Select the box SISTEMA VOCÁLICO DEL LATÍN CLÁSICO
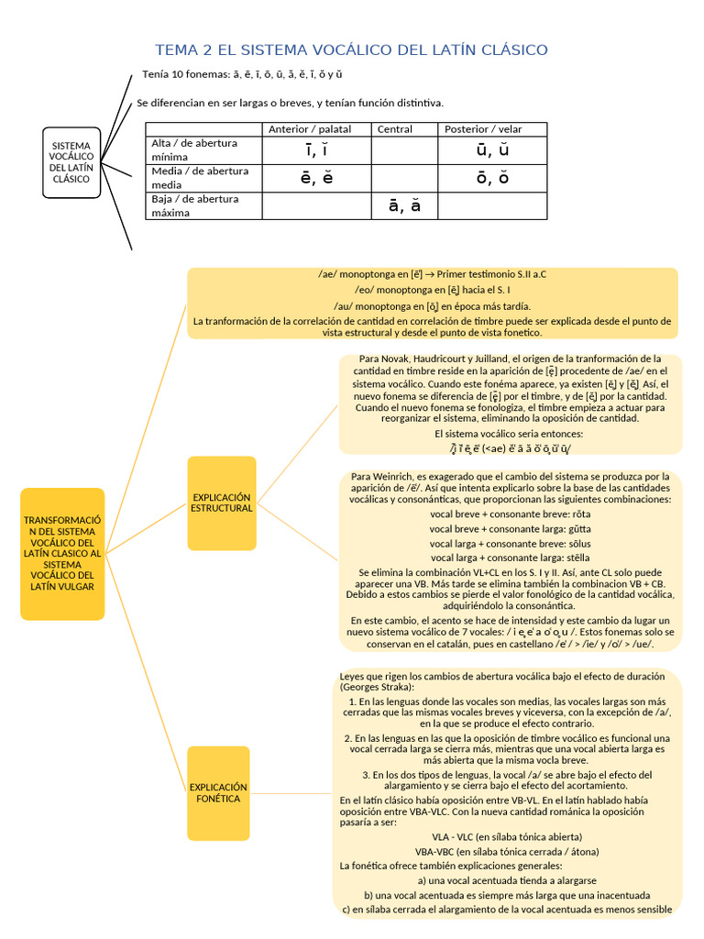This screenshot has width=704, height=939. tap(71, 162)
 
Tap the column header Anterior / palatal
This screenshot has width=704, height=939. tap(310, 129)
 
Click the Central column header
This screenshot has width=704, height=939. tap(395, 129)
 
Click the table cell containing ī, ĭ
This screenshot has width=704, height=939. tap(316, 150)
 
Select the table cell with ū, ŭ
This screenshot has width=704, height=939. tap(492, 150)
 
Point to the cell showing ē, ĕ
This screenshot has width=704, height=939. tap(316, 178)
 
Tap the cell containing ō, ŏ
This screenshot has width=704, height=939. tap(492, 178)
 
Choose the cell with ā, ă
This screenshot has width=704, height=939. tap(404, 205)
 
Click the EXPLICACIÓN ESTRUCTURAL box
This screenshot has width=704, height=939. tap(222, 503)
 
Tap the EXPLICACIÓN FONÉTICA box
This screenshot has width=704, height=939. tap(218, 793)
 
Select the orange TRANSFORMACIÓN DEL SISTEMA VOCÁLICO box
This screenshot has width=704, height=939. tap(62, 553)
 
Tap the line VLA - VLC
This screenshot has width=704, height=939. tap(507, 836)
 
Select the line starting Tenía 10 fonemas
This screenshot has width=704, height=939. tap(243, 73)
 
